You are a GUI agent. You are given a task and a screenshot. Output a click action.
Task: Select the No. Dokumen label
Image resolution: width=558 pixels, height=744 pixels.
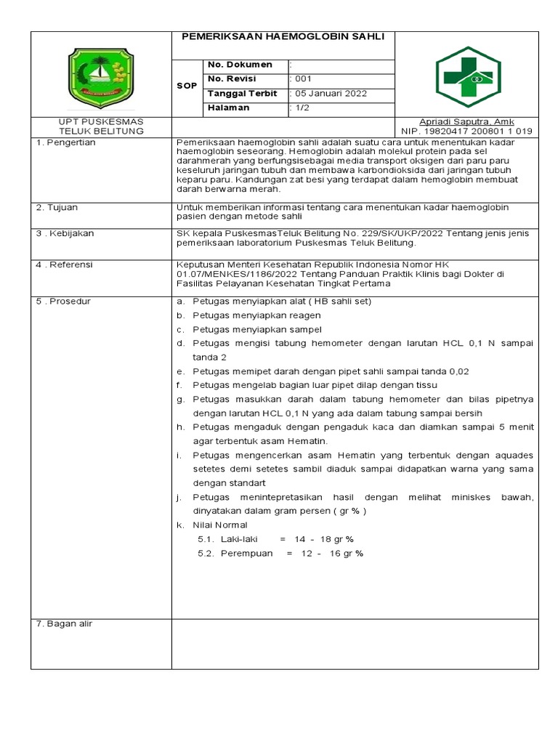click(240, 65)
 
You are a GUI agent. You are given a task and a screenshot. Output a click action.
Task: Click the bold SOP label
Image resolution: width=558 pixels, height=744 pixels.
click(187, 86)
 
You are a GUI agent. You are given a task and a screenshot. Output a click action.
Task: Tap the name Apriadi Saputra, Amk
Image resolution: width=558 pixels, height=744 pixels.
click(466, 121)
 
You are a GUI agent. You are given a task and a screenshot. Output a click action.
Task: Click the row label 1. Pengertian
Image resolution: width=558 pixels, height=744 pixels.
click(66, 143)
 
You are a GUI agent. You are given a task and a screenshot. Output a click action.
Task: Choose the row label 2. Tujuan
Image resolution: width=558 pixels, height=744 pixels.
click(57, 208)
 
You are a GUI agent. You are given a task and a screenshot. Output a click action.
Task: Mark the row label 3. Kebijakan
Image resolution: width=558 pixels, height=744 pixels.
click(65, 234)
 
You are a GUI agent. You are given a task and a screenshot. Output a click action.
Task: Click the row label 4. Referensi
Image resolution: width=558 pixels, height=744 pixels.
click(65, 265)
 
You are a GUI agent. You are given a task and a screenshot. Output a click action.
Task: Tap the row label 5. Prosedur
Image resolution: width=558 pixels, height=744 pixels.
click(63, 302)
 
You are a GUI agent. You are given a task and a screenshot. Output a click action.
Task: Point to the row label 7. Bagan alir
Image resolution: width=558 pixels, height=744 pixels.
click(65, 624)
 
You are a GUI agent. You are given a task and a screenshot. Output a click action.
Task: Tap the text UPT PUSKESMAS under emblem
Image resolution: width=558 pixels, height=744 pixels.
click(101, 121)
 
